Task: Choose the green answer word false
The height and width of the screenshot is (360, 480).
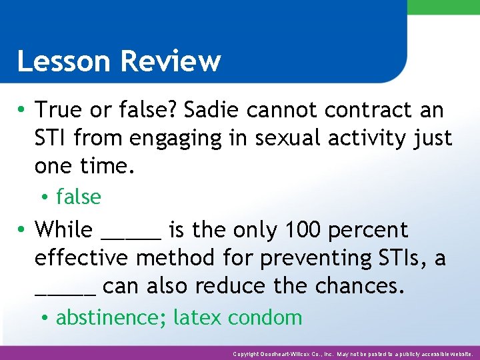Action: (x=79, y=197)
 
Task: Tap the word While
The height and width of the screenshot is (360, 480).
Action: (x=64, y=229)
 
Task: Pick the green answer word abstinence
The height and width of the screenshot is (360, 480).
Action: (x=111, y=317)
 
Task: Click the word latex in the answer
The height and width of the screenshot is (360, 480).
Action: (x=197, y=317)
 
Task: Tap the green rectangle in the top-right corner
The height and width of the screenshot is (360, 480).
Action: (x=443, y=7)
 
